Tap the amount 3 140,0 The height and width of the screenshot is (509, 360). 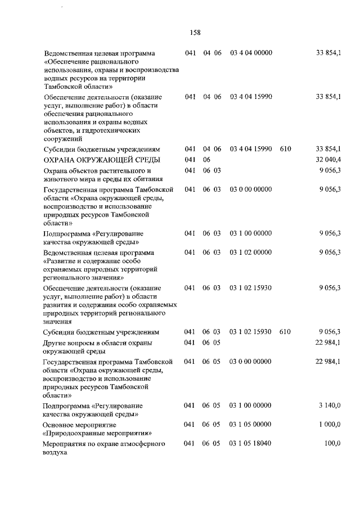(330, 406)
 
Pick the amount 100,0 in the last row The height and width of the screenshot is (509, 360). (332, 444)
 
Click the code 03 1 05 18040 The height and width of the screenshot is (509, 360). (251, 444)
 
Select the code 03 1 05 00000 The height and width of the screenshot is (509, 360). (251, 425)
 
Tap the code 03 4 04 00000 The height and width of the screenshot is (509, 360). (251, 53)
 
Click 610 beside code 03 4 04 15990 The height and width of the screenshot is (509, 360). (285, 149)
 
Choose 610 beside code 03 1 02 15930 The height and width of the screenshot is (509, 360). (285, 332)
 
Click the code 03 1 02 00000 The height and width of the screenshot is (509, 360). (251, 253)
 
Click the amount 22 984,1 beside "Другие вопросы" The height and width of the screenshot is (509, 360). (328, 342)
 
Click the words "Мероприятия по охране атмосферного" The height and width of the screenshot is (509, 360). (104, 444)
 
